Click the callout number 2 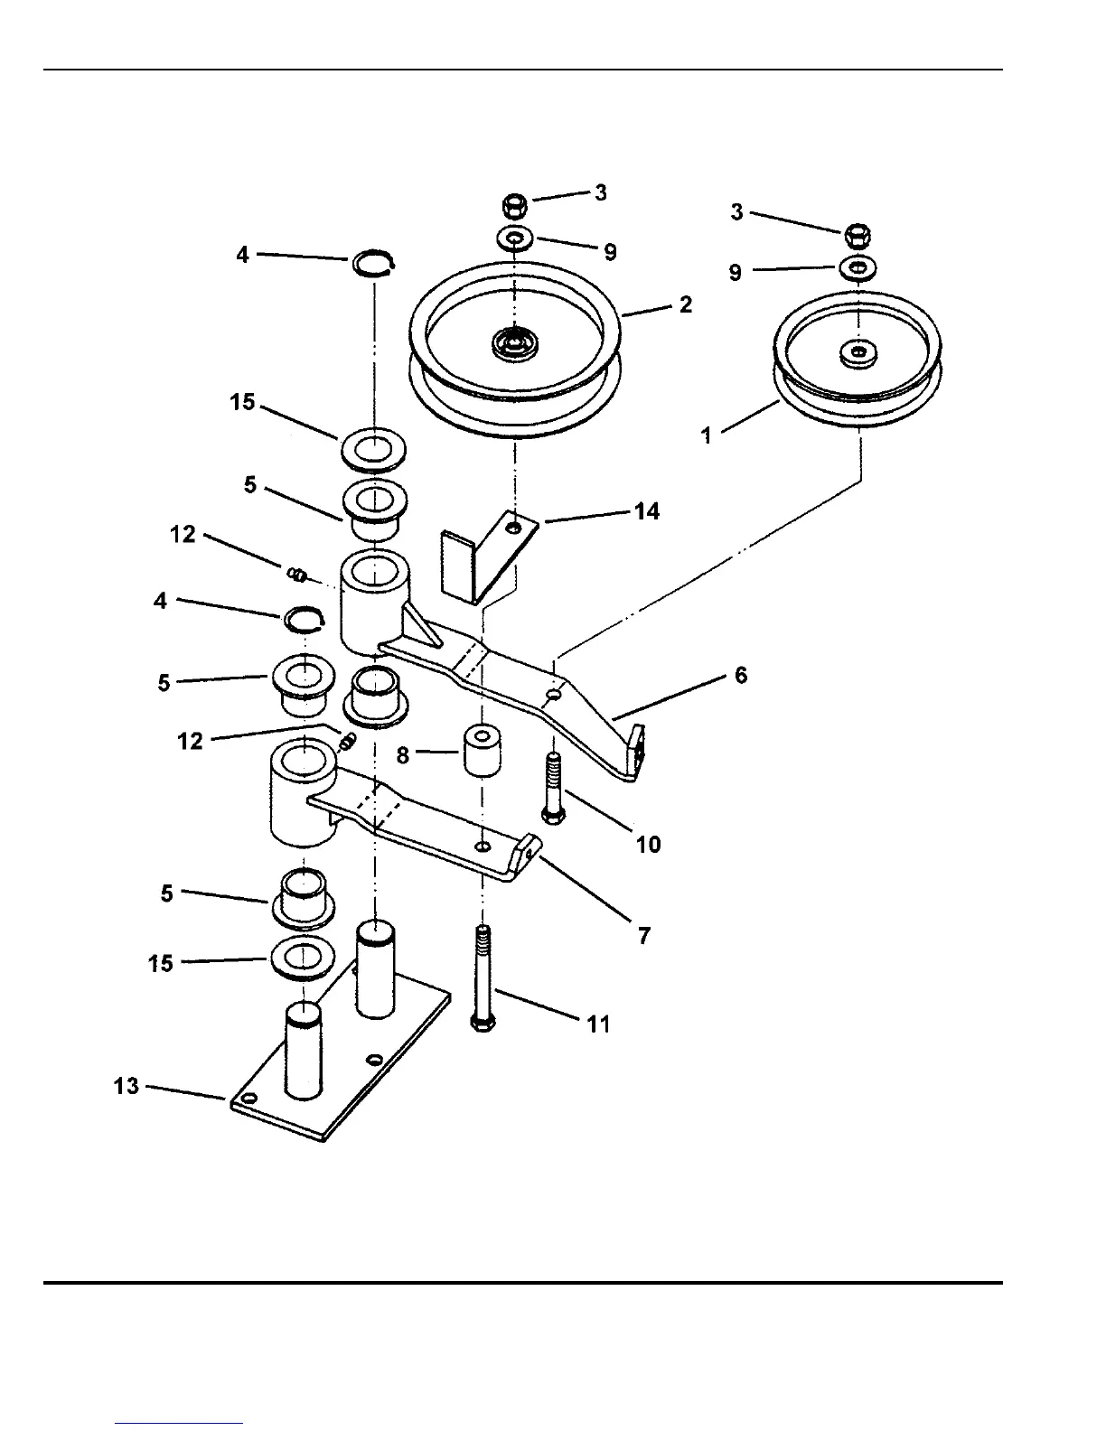click(686, 304)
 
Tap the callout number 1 click(708, 435)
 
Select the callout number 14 click(647, 511)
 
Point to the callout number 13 click(127, 1086)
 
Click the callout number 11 click(598, 1024)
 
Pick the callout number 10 click(648, 845)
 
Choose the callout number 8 click(403, 754)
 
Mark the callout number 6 click(741, 675)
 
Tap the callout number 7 click(643, 936)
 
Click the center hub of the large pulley click(514, 343)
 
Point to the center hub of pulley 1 click(857, 351)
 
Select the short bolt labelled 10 click(552, 786)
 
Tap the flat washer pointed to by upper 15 click(373, 448)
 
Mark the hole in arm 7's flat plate click(483, 846)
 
